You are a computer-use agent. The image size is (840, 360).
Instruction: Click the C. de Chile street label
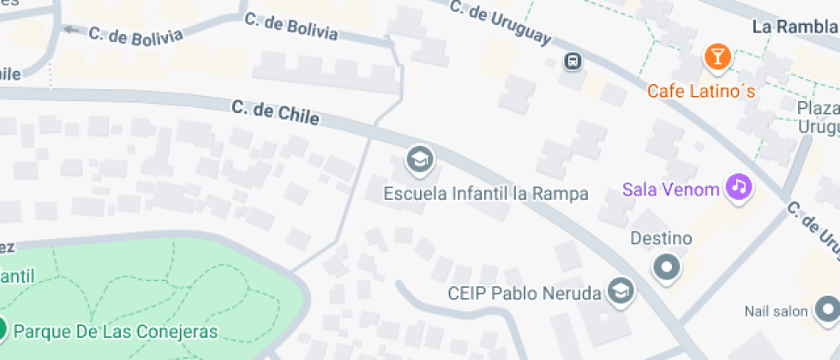[x=275, y=111]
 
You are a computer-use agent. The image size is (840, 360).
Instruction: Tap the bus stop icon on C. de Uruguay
[x=573, y=61]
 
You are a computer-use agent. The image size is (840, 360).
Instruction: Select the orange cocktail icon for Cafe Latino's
[x=716, y=57]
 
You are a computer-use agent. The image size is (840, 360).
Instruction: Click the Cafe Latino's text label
[x=701, y=90]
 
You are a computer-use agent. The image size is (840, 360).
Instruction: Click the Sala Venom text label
[x=671, y=189]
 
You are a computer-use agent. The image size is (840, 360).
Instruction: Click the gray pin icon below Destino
[x=666, y=268]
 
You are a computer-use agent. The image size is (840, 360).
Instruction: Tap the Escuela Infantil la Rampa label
[x=486, y=193]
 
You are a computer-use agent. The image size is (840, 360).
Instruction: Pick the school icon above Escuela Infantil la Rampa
[x=419, y=159]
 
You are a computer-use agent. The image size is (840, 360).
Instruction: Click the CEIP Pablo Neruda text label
[x=524, y=293]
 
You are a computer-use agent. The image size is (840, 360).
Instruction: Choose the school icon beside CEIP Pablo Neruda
[x=620, y=292]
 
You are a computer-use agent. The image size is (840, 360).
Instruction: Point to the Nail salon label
[x=777, y=309]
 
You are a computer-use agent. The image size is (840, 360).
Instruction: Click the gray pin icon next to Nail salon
[x=827, y=309]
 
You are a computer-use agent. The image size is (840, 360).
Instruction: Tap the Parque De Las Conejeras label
[x=116, y=331]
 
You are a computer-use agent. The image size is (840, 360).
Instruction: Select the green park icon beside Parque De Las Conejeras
[x=3, y=329]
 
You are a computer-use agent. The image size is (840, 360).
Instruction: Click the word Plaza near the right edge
[x=817, y=108]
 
